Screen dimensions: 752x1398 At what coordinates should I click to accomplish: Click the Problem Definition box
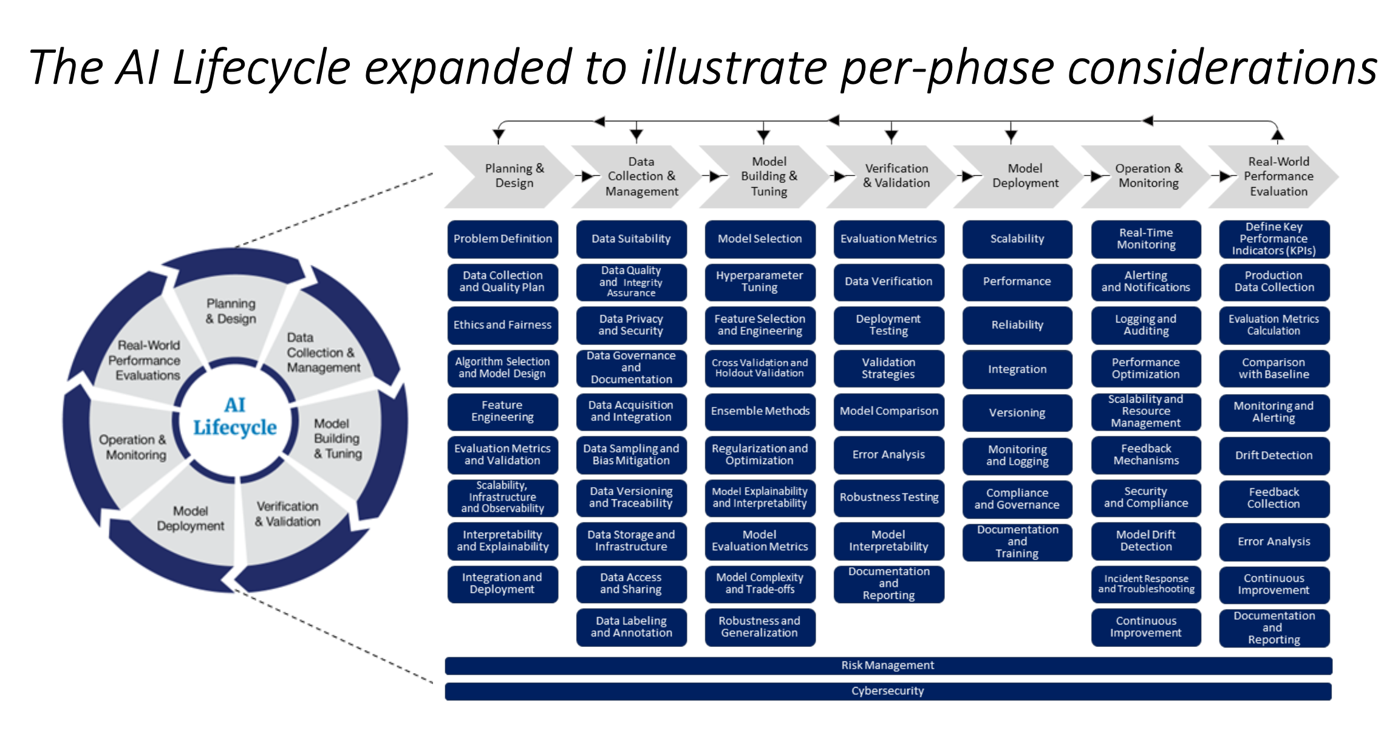point(502,239)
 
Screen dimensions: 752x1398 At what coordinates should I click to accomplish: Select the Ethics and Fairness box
point(502,325)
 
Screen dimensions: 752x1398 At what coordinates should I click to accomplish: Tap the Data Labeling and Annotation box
point(631,627)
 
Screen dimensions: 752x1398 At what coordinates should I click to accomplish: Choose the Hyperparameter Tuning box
point(759,281)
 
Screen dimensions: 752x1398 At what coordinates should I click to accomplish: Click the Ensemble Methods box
point(760,411)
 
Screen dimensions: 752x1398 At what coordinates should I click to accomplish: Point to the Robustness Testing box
point(888,497)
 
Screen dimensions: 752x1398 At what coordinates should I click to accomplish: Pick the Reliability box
point(1017,325)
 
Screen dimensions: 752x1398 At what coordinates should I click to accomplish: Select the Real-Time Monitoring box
point(1145,239)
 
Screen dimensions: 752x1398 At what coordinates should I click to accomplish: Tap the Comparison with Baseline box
point(1274,368)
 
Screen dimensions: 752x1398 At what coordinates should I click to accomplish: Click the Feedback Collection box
point(1274,498)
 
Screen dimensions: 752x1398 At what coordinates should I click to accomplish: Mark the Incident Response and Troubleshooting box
point(1145,584)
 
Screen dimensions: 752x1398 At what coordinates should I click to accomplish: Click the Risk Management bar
point(888,665)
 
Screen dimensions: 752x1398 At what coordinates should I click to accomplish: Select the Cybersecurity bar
point(888,691)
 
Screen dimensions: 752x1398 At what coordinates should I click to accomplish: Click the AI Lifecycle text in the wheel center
point(234,417)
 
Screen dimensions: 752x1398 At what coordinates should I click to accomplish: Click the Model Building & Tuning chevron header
point(768,176)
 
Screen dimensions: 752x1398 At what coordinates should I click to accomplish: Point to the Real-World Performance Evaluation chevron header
point(1278,176)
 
